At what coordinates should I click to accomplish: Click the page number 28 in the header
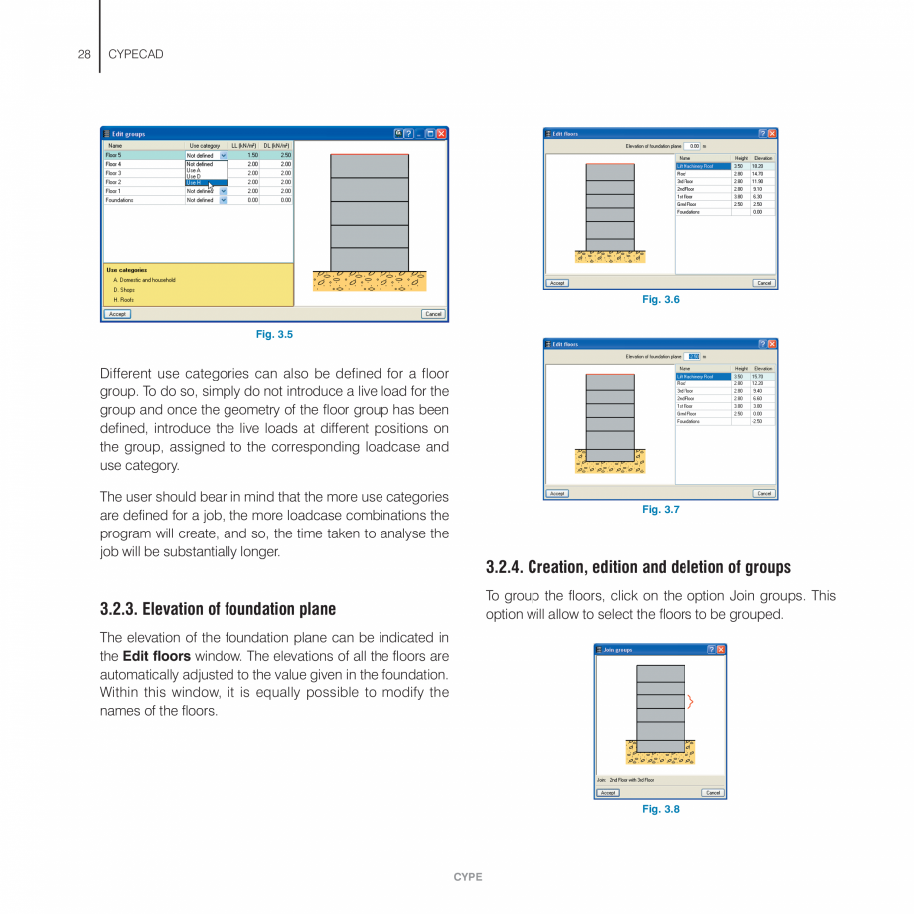[84, 54]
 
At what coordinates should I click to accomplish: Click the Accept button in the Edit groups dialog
[117, 314]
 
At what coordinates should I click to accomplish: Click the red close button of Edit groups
[441, 134]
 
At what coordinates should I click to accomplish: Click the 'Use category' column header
[205, 146]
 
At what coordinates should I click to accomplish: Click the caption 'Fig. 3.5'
[274, 335]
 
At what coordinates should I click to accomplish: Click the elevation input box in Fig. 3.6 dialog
[693, 146]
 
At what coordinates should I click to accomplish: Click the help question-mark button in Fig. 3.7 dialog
[761, 344]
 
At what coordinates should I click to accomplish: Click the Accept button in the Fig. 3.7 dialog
[557, 493]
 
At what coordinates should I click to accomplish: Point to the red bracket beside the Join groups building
[690, 702]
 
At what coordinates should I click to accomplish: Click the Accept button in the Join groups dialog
[608, 793]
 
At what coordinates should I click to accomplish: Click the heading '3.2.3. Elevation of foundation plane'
[218, 609]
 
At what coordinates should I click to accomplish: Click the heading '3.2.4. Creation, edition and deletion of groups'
[638, 567]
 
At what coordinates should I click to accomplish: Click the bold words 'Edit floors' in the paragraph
[156, 657]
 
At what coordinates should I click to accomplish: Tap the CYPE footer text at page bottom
[468, 877]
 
